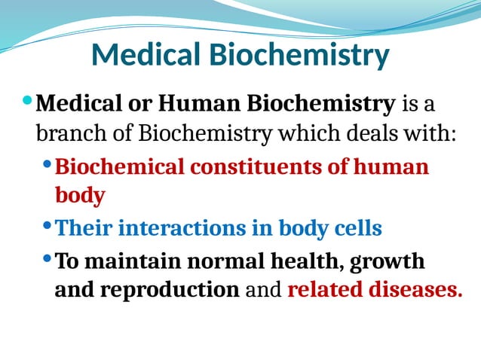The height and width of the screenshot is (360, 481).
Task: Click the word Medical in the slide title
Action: (144, 55)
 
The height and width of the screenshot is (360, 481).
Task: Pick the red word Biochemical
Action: (119, 166)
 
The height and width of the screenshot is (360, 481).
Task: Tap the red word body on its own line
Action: (80, 196)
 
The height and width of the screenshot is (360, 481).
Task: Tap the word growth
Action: (387, 262)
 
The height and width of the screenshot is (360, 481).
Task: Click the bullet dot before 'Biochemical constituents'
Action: (49, 164)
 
